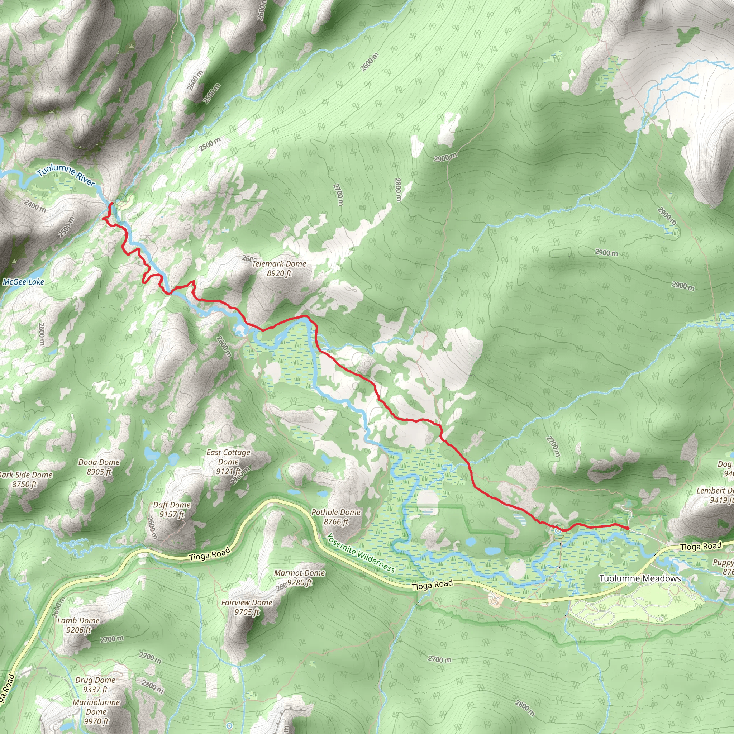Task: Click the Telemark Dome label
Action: click(279, 264)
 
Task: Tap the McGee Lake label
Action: click(24, 282)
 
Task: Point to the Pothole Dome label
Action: click(336, 512)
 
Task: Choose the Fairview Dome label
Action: click(247, 602)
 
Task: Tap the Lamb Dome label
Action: click(78, 620)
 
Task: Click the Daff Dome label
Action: click(172, 505)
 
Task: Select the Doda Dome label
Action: click(99, 462)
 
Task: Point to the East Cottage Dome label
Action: click(228, 457)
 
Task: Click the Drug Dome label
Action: click(95, 680)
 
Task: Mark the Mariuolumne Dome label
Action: click(96, 707)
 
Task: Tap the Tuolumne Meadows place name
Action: click(640, 578)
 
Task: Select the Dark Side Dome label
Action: click(26, 475)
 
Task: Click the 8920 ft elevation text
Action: click(279, 273)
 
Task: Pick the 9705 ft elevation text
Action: click(247, 612)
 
